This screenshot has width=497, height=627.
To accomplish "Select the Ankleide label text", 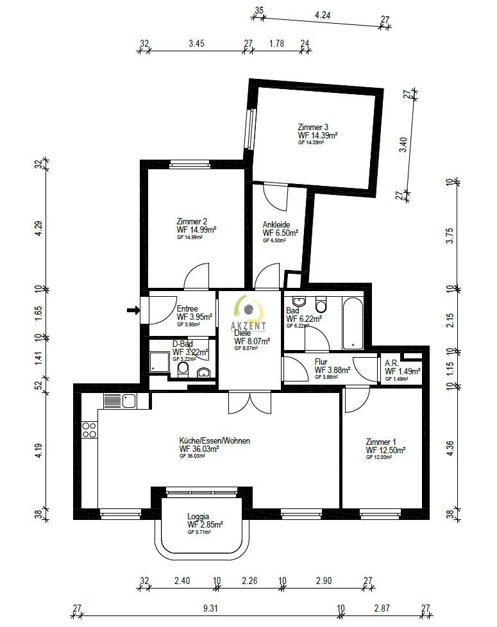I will click(x=276, y=224).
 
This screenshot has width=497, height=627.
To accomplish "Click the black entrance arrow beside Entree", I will click(x=133, y=310).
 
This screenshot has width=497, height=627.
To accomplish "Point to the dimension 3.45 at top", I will click(x=196, y=44).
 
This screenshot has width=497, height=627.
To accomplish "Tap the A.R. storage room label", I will click(x=391, y=363).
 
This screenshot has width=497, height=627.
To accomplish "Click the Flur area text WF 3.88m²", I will click(x=332, y=370).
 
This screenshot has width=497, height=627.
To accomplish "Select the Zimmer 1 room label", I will click(x=381, y=442).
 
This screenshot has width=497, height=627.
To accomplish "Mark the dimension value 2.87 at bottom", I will click(x=382, y=607).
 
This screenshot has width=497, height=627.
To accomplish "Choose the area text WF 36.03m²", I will click(x=199, y=449).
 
